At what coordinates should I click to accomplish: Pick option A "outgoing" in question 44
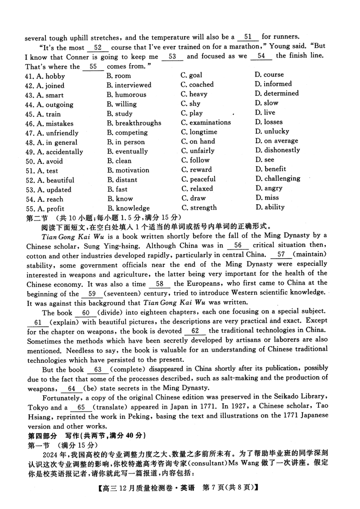pos(49,104)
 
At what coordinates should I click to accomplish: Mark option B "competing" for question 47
pos(127,132)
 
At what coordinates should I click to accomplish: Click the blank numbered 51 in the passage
pos(250,36)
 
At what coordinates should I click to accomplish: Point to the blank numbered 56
pos(238,245)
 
